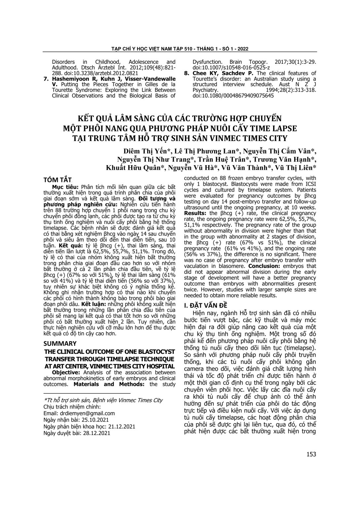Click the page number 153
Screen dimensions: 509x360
[311, 454]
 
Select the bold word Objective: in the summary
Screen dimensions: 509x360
[66, 372]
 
